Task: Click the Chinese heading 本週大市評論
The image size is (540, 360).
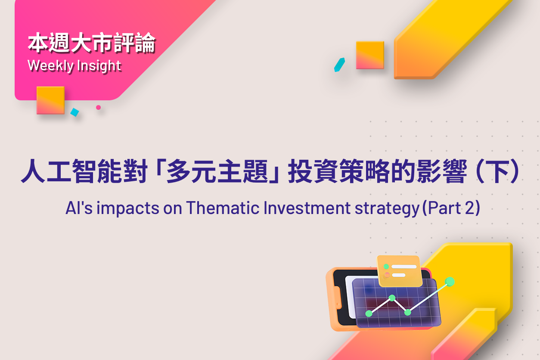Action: point(92,43)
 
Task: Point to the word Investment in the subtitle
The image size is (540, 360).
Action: point(307,208)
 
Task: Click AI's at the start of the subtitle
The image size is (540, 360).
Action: point(79,208)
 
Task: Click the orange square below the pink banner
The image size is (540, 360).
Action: point(51,100)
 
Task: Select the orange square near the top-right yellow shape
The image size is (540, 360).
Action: point(370,55)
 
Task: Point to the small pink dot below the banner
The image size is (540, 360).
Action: point(98,108)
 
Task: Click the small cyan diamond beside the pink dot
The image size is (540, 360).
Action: point(75,112)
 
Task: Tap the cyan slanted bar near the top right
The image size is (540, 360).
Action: point(339,65)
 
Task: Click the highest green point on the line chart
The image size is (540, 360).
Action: point(450,282)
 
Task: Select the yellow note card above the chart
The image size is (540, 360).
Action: point(400,271)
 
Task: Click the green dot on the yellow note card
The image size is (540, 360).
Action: point(386,267)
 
